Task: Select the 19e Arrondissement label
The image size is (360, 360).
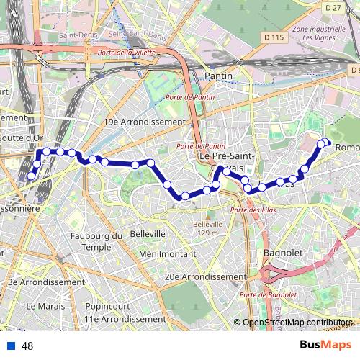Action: (x=145, y=122)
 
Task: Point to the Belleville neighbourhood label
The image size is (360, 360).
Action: (x=148, y=234)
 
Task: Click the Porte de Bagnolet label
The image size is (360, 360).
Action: (x=269, y=295)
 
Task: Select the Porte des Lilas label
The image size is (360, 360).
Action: (x=249, y=210)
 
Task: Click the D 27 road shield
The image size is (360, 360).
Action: (x=332, y=7)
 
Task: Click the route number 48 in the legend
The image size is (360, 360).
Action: (x=27, y=346)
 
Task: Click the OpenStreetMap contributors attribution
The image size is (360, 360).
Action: (x=297, y=323)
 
